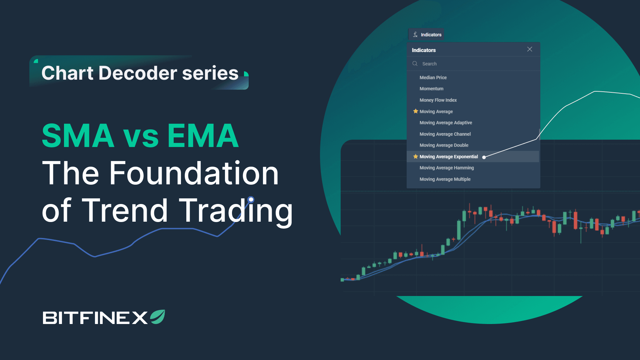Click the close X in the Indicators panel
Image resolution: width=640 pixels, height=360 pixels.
point(530,49)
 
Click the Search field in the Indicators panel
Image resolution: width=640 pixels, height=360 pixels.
point(473,64)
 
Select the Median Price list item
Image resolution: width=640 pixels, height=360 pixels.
point(433,77)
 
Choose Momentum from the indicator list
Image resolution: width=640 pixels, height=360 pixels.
point(431,89)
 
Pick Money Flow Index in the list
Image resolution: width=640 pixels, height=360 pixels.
point(438,100)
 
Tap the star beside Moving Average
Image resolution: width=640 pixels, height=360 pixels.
point(416,111)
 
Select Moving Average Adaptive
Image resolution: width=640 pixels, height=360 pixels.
point(446,123)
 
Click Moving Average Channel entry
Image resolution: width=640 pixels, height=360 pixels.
point(445,134)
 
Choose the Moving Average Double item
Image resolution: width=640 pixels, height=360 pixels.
point(444,145)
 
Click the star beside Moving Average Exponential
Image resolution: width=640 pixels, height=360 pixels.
point(416,156)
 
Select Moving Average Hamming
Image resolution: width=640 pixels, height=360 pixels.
point(447,168)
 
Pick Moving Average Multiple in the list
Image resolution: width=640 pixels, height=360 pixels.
point(445,179)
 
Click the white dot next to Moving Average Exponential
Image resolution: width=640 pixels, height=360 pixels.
point(484,157)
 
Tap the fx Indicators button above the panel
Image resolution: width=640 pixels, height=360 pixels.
point(427,35)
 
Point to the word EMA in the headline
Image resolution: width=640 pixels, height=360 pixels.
point(203,136)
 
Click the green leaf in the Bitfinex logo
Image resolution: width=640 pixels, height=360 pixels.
point(158,317)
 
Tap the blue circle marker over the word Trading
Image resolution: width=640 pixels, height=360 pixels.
point(251,200)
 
